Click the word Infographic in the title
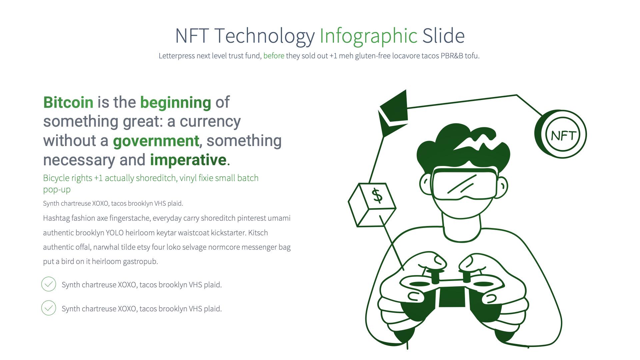[368, 36]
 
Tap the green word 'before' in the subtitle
[274, 56]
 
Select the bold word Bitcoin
[68, 102]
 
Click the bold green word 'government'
[156, 141]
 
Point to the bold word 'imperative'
[188, 160]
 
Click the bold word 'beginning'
[176, 102]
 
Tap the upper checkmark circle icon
[49, 284]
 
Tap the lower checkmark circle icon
[49, 308]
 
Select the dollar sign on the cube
[377, 195]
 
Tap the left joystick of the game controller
[435, 276]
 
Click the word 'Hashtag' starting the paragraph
[56, 218]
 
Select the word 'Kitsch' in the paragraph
[258, 233]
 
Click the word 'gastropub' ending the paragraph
[140, 262]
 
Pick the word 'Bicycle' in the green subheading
[56, 178]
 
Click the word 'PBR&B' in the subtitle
[452, 56]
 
